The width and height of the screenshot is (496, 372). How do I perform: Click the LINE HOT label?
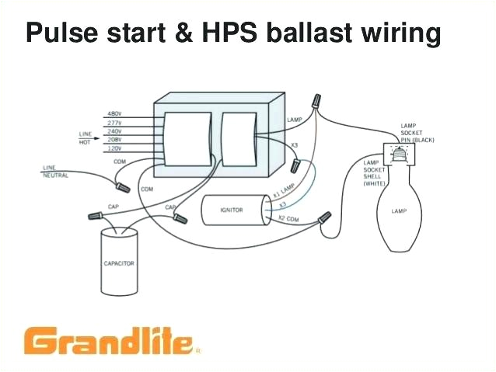[85, 137]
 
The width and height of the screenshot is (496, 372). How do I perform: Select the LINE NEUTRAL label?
[55, 172]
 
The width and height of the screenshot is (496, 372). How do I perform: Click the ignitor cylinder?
[232, 210]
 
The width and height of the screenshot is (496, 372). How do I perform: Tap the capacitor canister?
[119, 264]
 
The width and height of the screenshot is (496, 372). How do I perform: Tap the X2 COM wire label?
[288, 221]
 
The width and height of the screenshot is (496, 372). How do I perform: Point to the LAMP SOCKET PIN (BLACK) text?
[417, 132]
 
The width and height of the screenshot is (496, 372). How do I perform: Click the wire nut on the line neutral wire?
[123, 186]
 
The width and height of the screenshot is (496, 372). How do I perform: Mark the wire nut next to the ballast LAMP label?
[316, 103]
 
